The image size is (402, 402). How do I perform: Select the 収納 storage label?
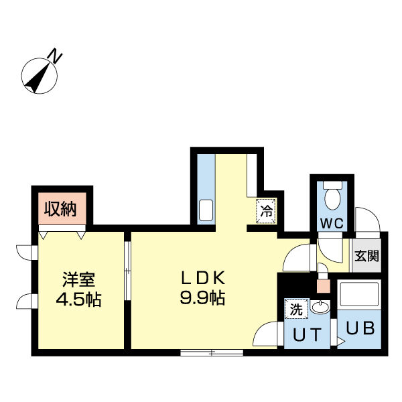coord(61,210)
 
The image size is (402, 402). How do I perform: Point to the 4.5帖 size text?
coord(78,298)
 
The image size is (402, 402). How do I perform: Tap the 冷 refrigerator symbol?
coord(266,212)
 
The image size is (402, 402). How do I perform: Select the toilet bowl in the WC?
coord(332,197)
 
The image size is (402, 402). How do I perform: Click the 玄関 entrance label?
coord(367,255)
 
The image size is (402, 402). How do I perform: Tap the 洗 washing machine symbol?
coord(295,309)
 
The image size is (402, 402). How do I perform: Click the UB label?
coord(360,329)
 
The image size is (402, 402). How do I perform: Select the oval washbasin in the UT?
coord(320,308)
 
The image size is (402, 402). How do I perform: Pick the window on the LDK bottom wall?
coord(211,352)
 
